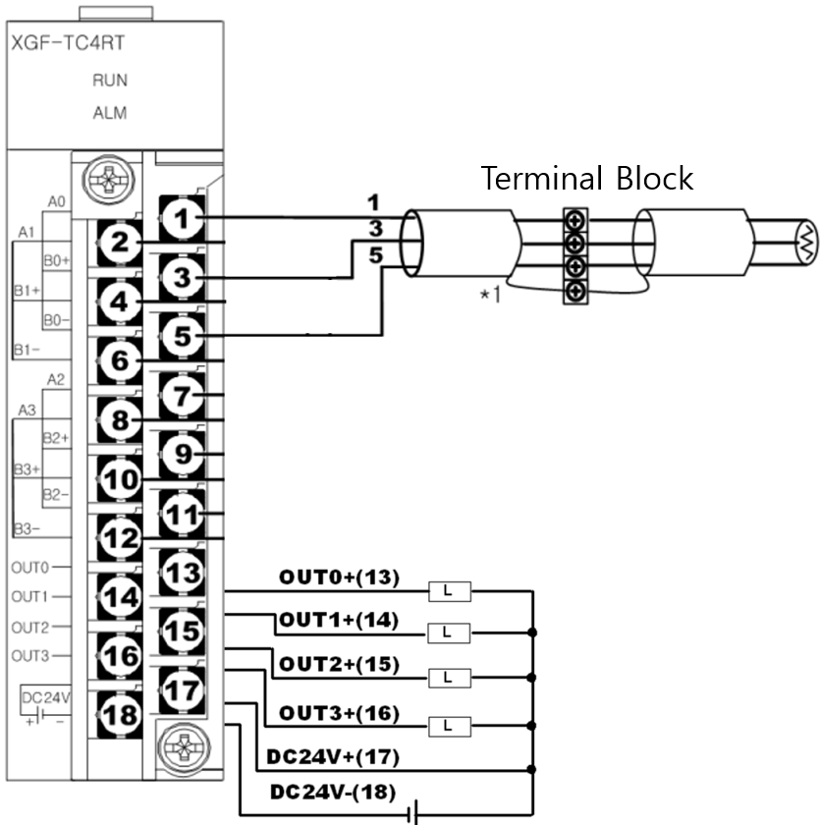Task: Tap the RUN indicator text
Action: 109,81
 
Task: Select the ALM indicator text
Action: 109,112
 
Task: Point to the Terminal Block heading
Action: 586,179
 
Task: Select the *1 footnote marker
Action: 488,294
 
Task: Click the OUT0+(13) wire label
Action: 339,577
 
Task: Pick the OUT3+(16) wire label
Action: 339,713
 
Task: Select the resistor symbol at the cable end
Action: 803,242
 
